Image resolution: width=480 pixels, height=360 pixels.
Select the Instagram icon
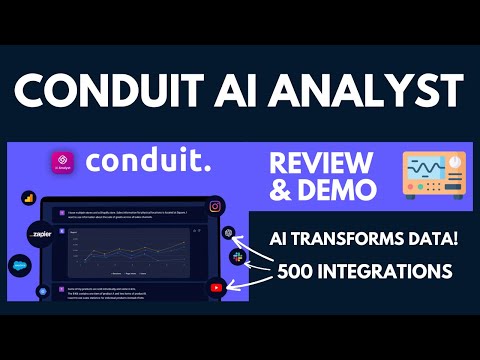[x=214, y=207]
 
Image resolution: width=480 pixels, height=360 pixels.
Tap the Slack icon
[x=237, y=258]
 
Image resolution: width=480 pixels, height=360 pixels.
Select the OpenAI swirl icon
[x=229, y=232]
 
